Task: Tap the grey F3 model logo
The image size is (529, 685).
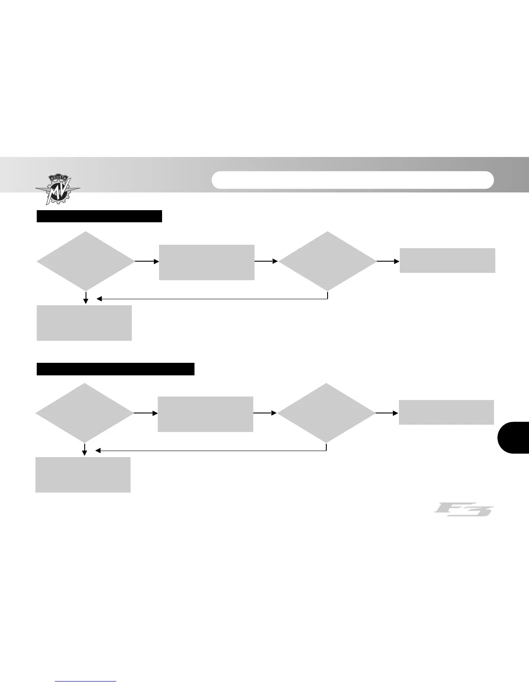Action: [x=463, y=509]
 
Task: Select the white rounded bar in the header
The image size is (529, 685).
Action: [x=352, y=180]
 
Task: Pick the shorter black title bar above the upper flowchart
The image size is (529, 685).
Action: [x=99, y=216]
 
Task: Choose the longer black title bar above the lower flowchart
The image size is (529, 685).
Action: [x=115, y=369]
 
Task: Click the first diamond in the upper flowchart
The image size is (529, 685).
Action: [x=86, y=261]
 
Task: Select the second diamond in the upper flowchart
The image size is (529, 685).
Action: [x=327, y=261]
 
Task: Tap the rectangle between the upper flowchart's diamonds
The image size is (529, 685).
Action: [x=207, y=262]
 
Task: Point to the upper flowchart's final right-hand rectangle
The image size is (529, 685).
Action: [x=447, y=260]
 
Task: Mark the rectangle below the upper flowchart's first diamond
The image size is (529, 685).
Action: [x=84, y=323]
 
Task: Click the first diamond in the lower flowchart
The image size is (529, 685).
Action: [x=84, y=413]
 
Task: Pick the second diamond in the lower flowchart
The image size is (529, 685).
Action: [x=326, y=413]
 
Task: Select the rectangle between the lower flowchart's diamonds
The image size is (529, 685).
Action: [x=205, y=414]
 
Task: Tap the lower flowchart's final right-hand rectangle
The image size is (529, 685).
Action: [x=446, y=412]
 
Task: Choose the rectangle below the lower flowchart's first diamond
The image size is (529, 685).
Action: [x=83, y=474]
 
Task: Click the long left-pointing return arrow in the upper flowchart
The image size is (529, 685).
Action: [x=212, y=298]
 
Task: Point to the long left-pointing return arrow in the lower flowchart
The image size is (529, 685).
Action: [x=210, y=450]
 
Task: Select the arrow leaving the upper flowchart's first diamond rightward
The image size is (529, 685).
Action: [x=147, y=261]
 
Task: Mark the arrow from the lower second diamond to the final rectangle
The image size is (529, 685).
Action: [x=387, y=413]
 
